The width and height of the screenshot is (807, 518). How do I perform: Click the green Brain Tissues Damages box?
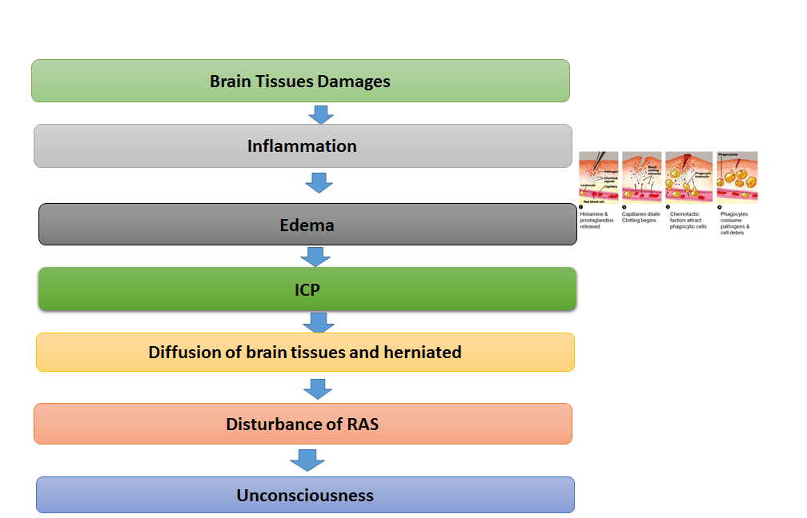coord(300,81)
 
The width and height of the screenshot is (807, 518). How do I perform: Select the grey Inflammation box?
coord(302,146)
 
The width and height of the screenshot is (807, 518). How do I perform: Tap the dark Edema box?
coord(307,225)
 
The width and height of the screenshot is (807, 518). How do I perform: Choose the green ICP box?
coord(307,289)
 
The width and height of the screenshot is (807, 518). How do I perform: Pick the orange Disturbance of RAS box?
coord(302,424)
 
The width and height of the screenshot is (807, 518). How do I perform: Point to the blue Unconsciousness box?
coord(305,495)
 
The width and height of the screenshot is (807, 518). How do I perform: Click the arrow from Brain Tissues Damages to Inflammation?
coord(321,114)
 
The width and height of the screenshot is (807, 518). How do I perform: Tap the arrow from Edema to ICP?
coord(315,256)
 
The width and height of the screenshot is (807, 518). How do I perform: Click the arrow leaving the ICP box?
coord(319,321)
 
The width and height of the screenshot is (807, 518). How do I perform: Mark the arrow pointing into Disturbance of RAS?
coord(318,388)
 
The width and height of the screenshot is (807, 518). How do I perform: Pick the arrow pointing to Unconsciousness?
coord(307,460)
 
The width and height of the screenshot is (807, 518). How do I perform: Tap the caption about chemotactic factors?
coord(688,220)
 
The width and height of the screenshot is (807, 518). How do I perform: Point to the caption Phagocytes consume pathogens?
coord(736,223)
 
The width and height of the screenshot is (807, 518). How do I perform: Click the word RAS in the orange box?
coord(363,424)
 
